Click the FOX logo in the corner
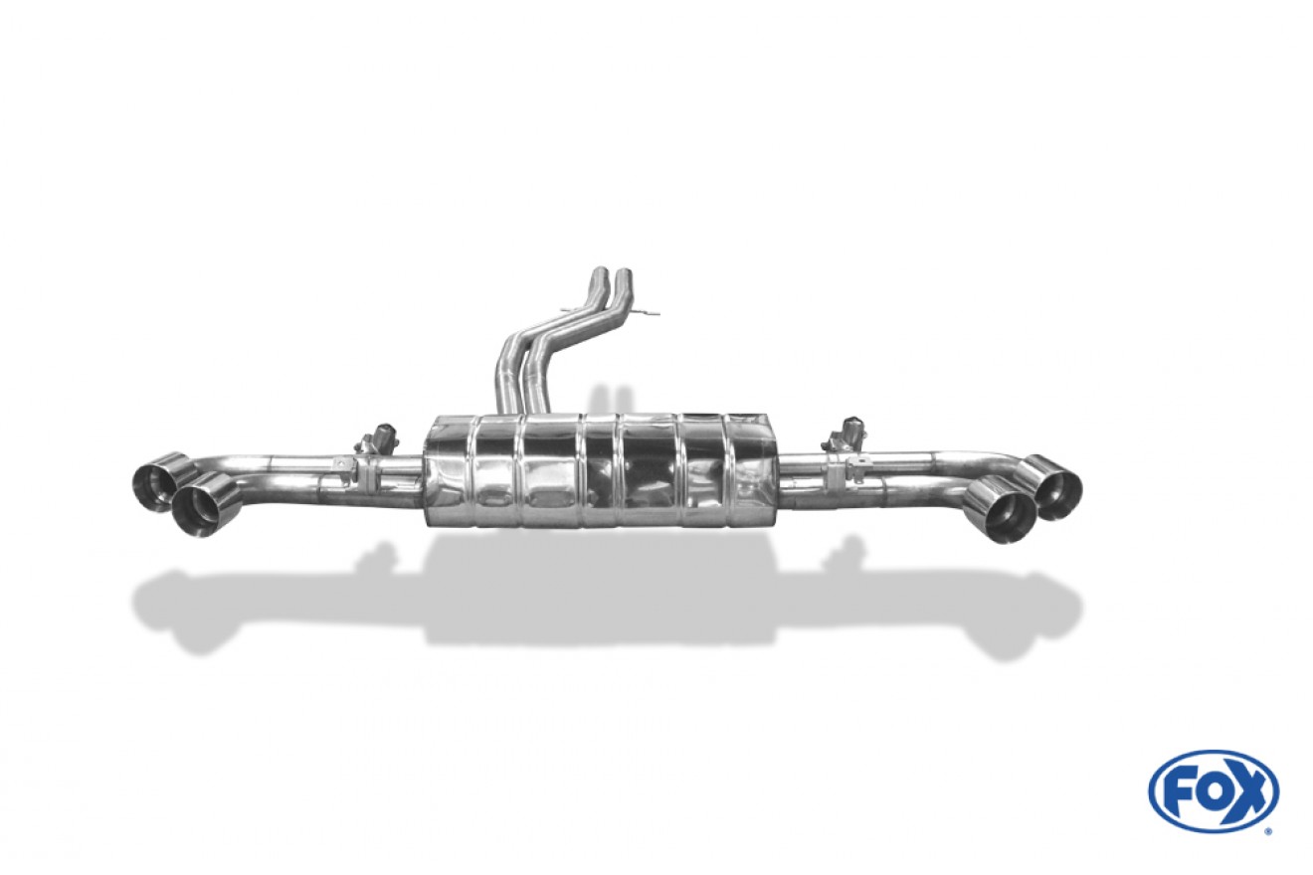(x=1213, y=791)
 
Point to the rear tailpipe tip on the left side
(x=159, y=481)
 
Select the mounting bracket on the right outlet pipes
(x=832, y=467)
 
